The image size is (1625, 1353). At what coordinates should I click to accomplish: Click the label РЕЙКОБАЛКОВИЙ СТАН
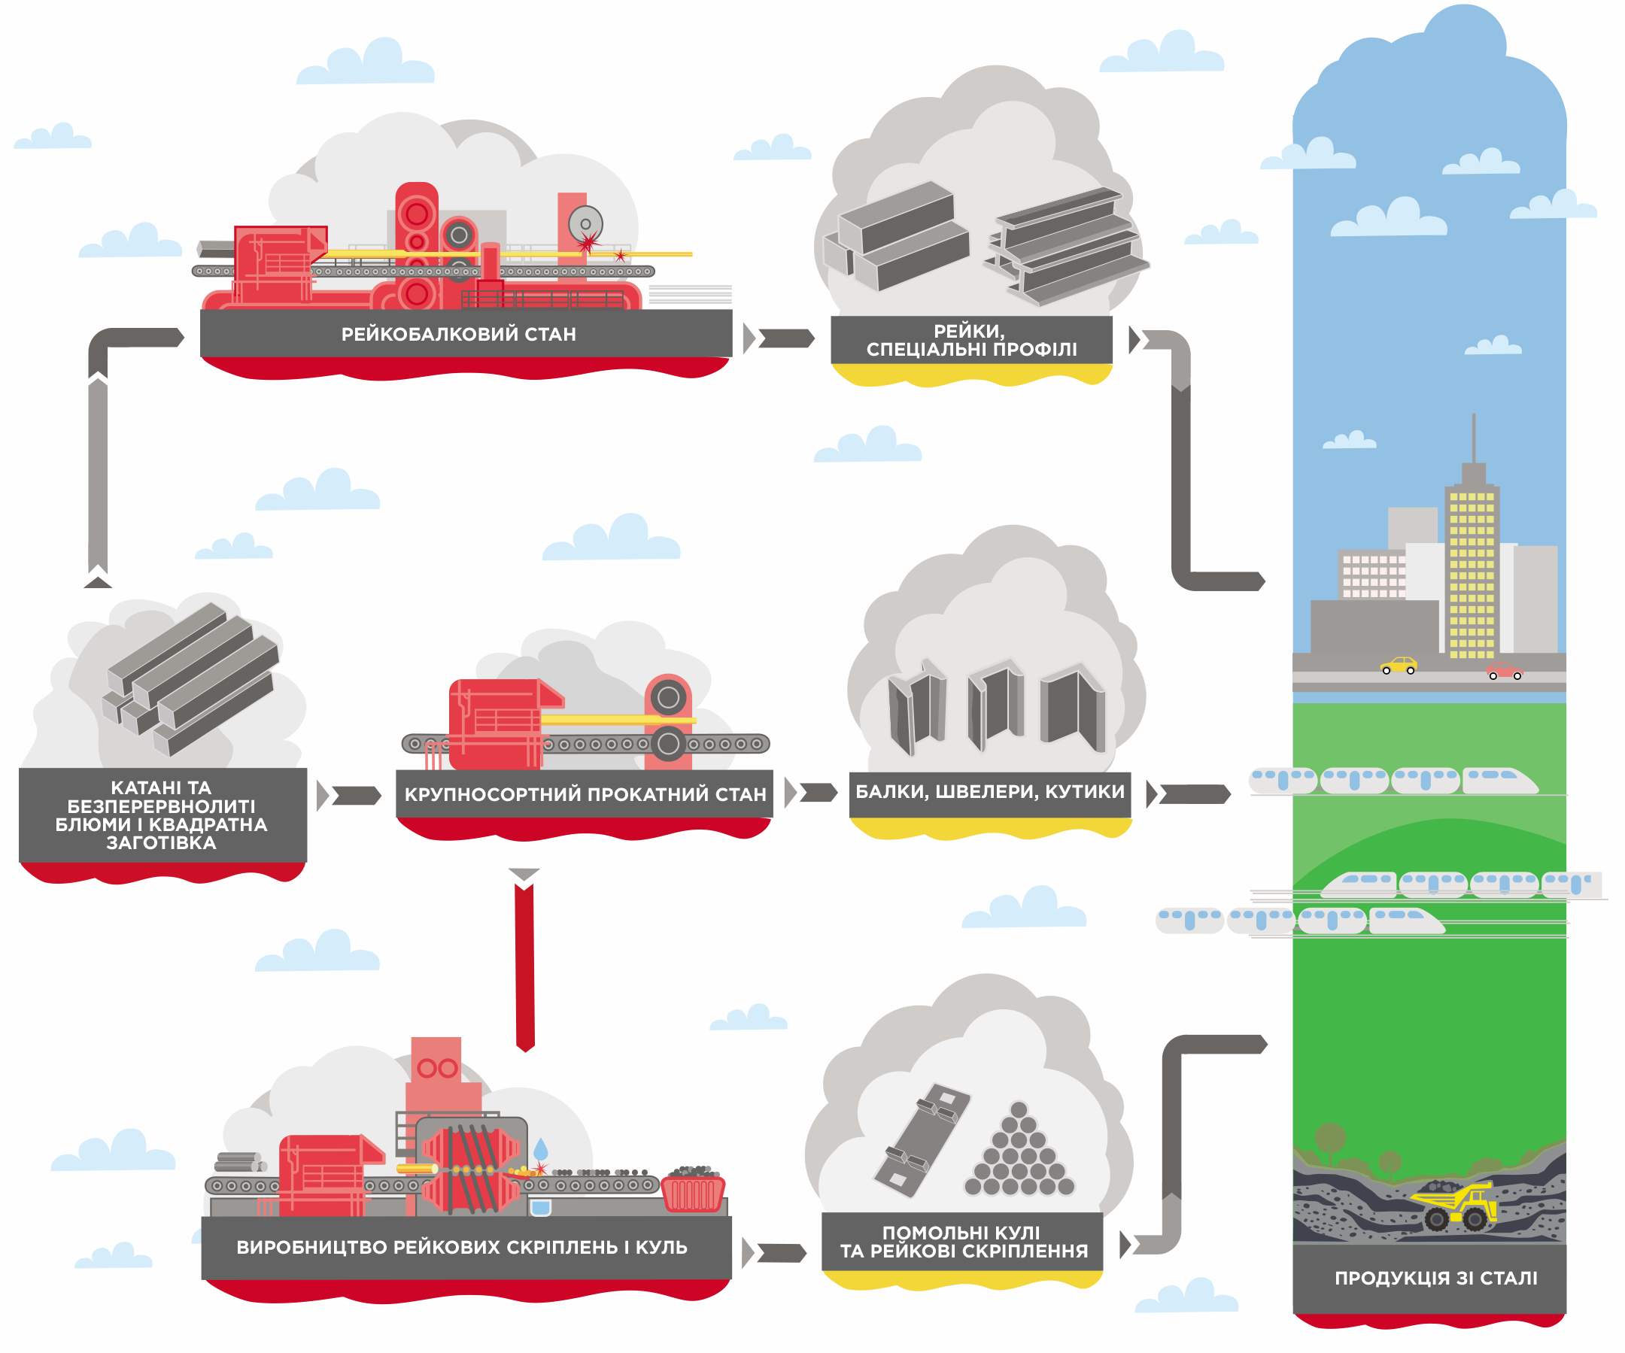click(x=458, y=334)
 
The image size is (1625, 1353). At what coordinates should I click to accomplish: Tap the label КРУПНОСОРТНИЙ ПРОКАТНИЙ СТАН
click(x=585, y=793)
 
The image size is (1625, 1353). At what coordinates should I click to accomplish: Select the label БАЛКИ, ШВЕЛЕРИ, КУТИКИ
click(x=990, y=791)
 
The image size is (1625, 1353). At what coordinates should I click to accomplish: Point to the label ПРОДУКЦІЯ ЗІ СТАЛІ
click(x=1435, y=1278)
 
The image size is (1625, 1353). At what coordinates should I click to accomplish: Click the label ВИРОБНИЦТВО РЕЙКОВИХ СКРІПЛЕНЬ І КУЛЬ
click(x=462, y=1247)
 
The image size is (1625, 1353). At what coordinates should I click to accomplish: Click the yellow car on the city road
click(x=1399, y=666)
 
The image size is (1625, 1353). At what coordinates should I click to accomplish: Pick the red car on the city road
click(x=1505, y=671)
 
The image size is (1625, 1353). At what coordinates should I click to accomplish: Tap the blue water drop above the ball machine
click(x=541, y=1148)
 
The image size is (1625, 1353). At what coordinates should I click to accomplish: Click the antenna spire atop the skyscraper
click(x=1473, y=438)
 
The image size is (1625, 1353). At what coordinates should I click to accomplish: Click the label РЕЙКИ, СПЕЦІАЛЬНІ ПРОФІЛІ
click(x=971, y=341)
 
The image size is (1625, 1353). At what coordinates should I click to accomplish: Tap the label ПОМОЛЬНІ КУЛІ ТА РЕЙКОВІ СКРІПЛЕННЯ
click(x=964, y=1242)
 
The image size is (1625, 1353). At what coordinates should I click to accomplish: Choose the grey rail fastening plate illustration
click(x=922, y=1139)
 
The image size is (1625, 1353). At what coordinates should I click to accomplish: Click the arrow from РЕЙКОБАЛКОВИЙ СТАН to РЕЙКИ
click(x=784, y=338)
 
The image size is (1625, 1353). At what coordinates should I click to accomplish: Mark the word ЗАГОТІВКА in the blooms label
click(x=161, y=842)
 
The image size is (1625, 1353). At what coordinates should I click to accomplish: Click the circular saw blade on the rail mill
click(x=586, y=223)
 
